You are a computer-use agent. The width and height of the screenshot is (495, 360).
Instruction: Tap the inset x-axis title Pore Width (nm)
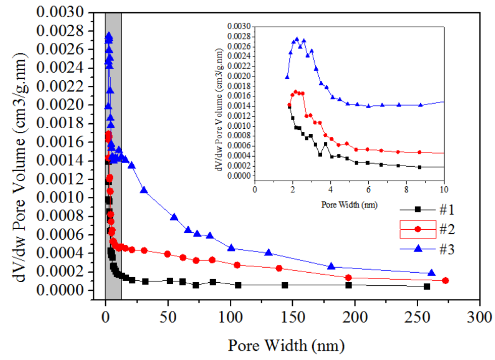tap(349, 205)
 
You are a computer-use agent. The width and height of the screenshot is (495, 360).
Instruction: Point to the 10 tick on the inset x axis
tap(443, 190)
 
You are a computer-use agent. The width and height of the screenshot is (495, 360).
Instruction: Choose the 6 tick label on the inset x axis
tap(368, 190)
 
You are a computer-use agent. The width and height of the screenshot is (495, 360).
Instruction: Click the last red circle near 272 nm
tap(445, 280)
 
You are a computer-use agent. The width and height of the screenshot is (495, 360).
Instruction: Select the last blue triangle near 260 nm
tap(431, 272)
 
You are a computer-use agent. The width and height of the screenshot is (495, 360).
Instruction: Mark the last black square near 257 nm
tap(427, 286)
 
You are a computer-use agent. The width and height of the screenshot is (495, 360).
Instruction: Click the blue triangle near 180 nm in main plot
tap(331, 266)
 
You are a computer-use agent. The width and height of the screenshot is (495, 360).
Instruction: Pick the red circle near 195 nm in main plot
tap(349, 278)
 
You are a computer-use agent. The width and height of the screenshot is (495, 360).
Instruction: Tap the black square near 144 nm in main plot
tap(285, 285)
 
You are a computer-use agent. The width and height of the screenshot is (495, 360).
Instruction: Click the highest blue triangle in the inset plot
tap(296, 39)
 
